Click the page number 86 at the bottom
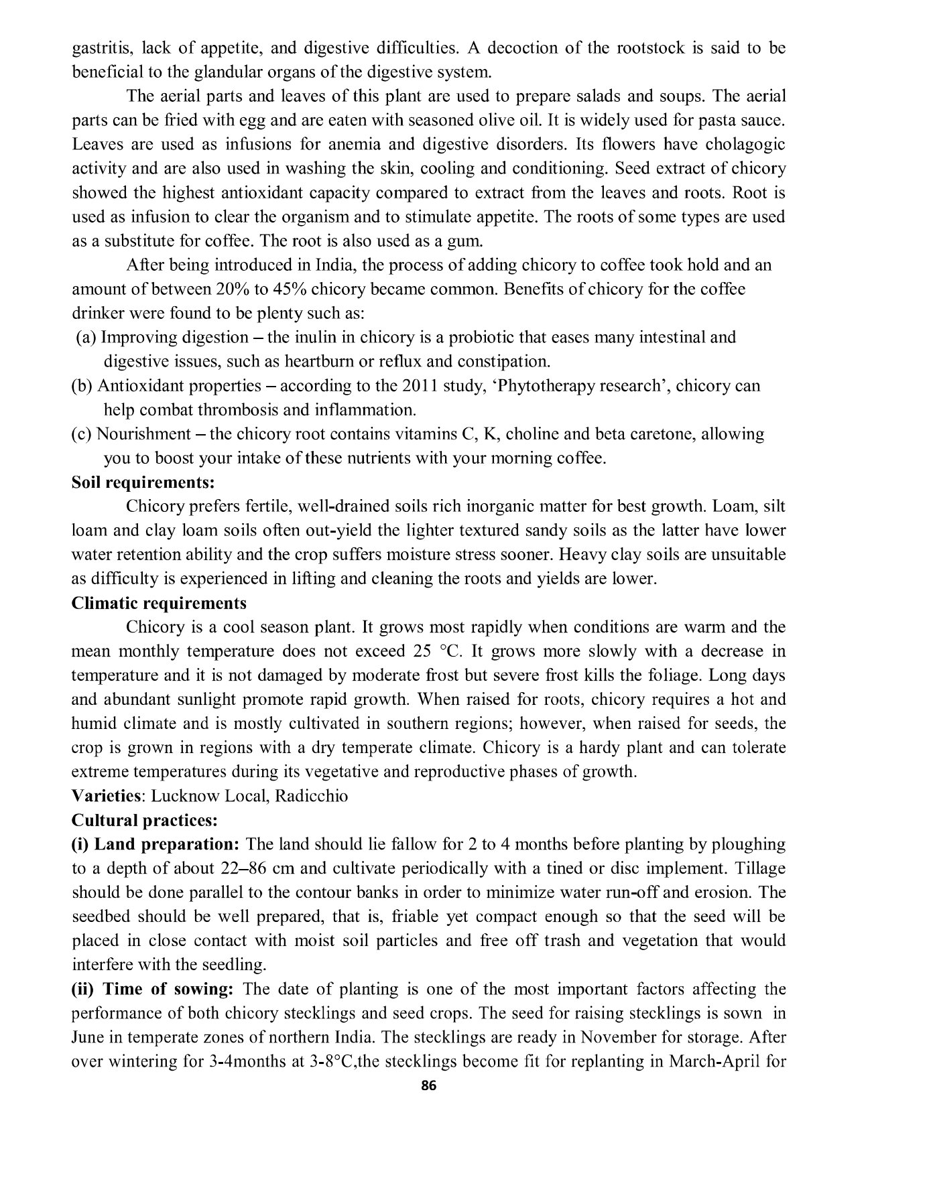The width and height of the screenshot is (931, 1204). coord(429,1086)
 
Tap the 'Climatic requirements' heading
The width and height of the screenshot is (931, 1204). coord(159,603)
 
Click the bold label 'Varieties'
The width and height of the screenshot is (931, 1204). coord(107,796)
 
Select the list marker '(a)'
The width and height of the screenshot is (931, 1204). coord(85,338)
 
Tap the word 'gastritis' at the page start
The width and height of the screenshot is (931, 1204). coord(99,48)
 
